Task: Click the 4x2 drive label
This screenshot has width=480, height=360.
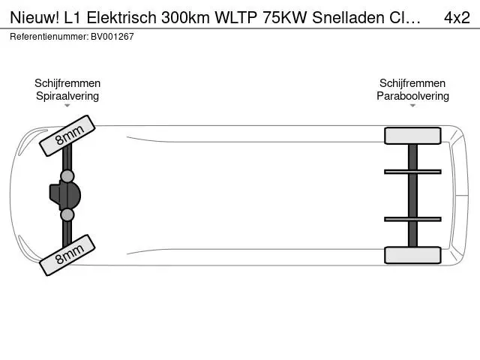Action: pos(457,18)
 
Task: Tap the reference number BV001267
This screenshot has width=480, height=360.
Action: pos(112,37)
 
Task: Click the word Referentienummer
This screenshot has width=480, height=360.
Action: pos(49,37)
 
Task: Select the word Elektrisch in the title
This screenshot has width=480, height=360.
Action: pos(121,18)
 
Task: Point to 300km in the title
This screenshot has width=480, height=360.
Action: pos(185,18)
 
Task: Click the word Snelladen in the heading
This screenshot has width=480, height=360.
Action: pos(348,18)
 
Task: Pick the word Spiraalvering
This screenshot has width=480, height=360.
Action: pos(67,96)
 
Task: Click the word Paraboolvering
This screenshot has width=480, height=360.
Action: pos(412,96)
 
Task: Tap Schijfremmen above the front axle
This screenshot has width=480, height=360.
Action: pos(67,83)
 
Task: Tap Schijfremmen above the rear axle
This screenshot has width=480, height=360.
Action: pos(412,83)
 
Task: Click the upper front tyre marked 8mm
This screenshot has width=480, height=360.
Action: pos(67,136)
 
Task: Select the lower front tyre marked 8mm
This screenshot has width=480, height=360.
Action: pos(67,255)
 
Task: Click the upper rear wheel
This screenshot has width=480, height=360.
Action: pos(412,136)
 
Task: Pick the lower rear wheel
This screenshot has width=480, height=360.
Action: pos(412,255)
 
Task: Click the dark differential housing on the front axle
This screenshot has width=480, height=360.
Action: pos(65,195)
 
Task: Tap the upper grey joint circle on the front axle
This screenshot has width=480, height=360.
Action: pos(67,176)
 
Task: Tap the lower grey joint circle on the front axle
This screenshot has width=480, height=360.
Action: pos(67,214)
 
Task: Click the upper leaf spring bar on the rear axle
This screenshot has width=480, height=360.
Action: pos(412,172)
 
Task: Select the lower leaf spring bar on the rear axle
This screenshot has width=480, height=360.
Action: pos(412,219)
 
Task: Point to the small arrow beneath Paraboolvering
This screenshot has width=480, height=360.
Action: pos(412,106)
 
